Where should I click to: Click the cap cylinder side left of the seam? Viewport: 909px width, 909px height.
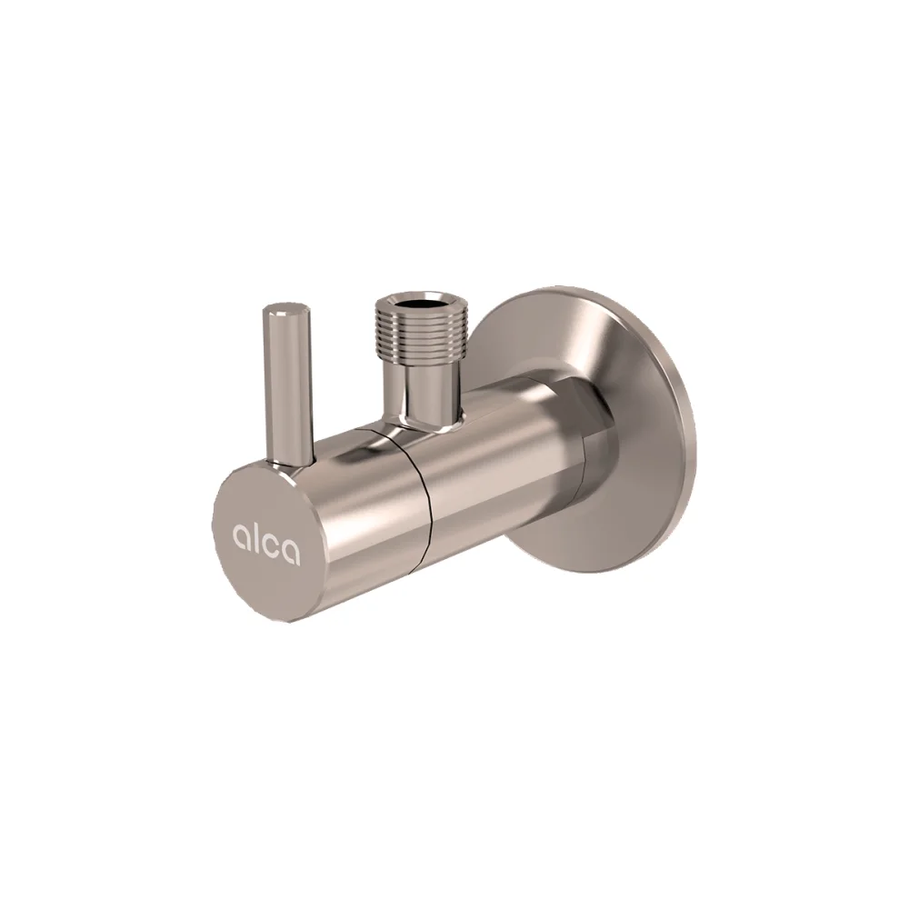click(364, 509)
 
